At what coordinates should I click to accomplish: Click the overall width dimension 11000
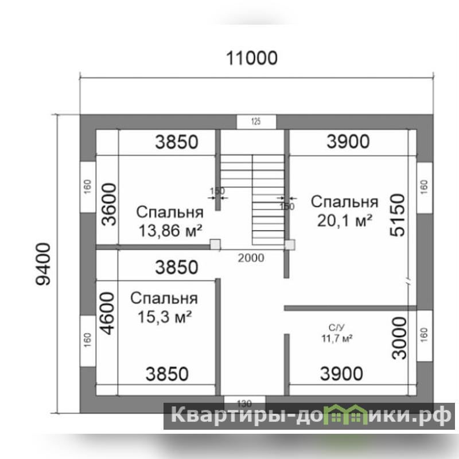[252, 58]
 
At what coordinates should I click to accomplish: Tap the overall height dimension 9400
[43, 264]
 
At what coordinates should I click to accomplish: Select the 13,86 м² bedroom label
[170, 221]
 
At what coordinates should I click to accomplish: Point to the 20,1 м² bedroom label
[345, 211]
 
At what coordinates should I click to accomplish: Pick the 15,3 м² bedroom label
[164, 308]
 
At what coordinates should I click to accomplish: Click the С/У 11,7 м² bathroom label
[337, 333]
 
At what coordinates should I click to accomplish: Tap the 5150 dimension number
[398, 215]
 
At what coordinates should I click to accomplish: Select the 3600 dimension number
[109, 204]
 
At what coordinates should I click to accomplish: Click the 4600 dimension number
[107, 313]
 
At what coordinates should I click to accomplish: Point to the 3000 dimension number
[399, 338]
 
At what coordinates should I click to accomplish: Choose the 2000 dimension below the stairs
[251, 258]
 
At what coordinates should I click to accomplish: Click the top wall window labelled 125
[256, 122]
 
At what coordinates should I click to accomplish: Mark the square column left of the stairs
[215, 245]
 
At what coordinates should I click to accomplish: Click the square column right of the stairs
[290, 245]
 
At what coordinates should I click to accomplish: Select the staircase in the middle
[252, 200]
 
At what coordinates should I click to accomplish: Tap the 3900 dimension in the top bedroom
[348, 142]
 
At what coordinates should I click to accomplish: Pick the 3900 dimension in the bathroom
[341, 374]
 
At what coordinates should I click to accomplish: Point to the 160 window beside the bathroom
[425, 336]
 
